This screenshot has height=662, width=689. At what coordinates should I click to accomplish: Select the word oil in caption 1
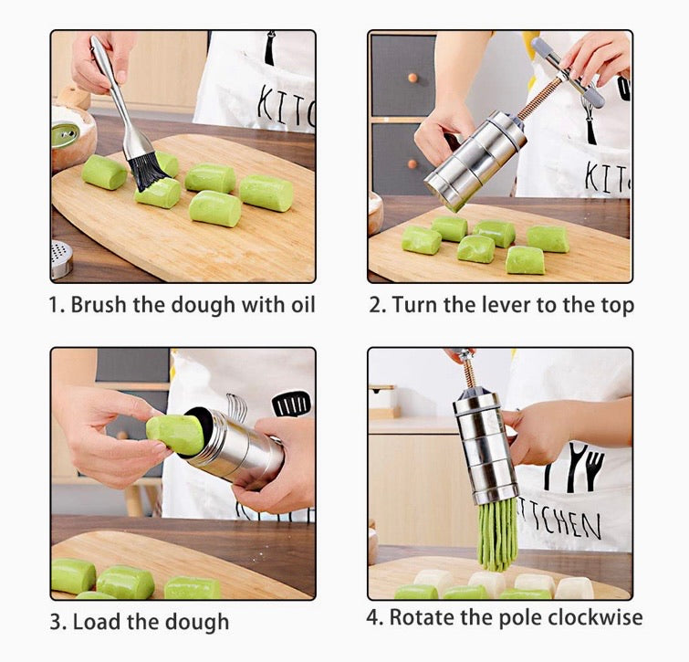point(298,304)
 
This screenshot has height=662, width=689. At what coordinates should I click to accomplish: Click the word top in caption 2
point(616,305)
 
